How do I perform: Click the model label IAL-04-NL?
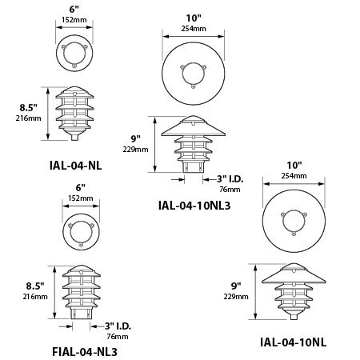(76, 166)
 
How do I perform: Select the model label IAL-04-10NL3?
(194, 206)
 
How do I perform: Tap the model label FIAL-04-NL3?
(85, 352)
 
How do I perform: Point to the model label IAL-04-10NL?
(293, 342)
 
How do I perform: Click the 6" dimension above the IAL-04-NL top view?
(74, 10)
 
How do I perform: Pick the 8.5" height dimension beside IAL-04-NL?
(28, 108)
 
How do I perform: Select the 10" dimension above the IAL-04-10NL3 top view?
(194, 18)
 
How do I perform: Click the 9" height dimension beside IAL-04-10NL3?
(135, 138)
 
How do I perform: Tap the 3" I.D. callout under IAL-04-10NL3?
(230, 179)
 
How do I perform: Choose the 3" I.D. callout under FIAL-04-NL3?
(118, 326)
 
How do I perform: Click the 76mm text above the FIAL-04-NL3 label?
(118, 337)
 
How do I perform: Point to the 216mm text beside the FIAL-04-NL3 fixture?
(35, 297)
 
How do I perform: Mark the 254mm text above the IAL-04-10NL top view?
(294, 176)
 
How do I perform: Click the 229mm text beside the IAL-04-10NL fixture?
(236, 297)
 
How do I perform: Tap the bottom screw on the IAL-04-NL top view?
(74, 65)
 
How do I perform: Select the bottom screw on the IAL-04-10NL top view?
(294, 234)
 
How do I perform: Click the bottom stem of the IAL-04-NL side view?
(74, 137)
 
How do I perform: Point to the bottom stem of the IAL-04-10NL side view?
(294, 317)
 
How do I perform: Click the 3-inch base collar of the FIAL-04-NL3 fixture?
(81, 313)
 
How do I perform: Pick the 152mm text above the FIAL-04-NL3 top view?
(81, 198)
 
